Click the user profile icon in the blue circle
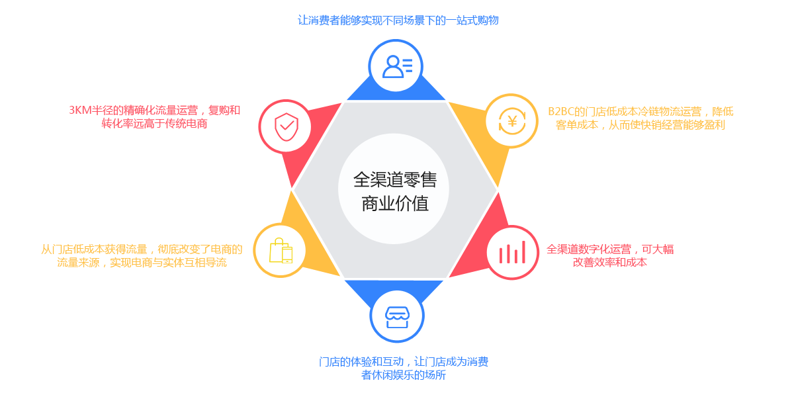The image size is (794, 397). (396, 66)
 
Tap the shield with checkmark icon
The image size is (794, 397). (285, 126)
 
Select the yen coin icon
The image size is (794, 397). (511, 121)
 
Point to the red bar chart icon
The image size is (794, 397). (512, 252)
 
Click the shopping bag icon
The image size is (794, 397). (281, 251)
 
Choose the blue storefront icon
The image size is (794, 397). (397, 315)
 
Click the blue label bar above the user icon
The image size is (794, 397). (398, 20)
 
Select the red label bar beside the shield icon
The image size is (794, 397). (155, 116)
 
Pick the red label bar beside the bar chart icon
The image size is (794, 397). (609, 255)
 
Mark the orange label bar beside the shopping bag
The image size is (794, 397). (142, 255)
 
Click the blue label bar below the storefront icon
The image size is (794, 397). (404, 369)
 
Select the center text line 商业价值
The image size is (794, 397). (394, 203)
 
